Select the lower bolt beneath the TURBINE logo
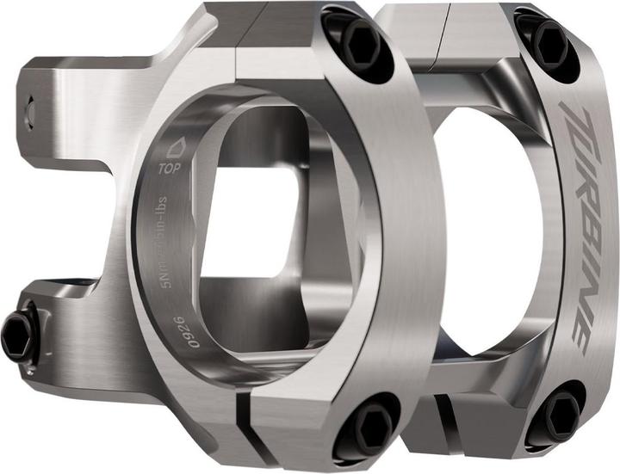point(556,411)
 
